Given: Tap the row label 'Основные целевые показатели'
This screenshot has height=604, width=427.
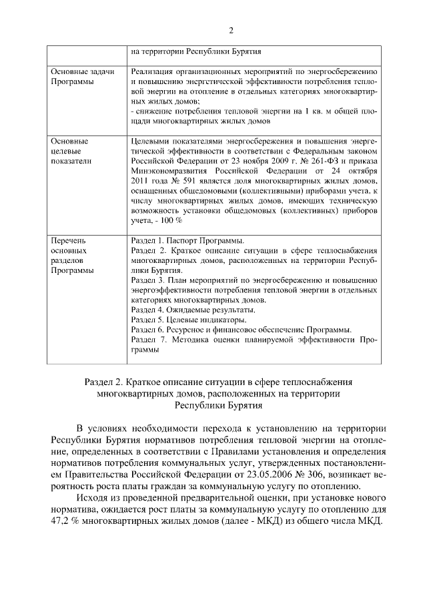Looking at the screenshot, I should click(69, 151).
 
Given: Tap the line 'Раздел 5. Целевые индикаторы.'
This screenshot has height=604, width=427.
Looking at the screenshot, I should click(189, 320).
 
